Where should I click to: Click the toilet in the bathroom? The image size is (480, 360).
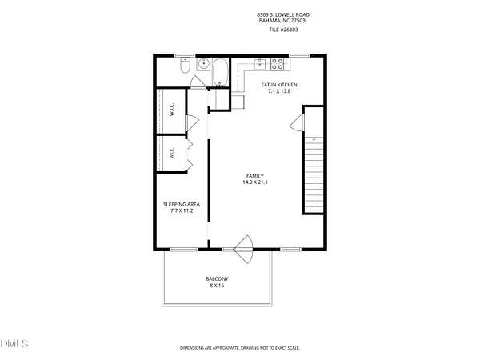(186, 65)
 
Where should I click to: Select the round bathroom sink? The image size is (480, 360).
(203, 64)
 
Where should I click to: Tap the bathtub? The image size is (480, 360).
(220, 73)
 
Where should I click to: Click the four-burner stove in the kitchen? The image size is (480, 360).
(278, 64)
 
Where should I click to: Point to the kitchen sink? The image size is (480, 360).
(260, 64)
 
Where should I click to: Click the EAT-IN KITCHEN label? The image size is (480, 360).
(279, 85)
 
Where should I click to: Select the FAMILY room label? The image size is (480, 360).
(255, 176)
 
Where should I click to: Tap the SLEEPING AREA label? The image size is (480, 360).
(182, 204)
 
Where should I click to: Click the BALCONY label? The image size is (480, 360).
(217, 279)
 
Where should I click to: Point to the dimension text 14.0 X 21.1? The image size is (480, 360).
(255, 182)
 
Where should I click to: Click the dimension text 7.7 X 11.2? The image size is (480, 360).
(182, 210)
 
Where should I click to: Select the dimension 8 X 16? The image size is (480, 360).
(217, 286)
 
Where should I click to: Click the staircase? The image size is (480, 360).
(314, 174)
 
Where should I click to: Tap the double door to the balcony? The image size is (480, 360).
(244, 249)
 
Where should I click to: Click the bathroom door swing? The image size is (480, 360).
(198, 82)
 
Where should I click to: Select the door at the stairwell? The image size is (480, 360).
(298, 122)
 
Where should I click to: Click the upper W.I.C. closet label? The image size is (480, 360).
(172, 110)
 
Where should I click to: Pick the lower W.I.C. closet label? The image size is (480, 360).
(172, 153)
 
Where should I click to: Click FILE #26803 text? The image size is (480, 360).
(283, 30)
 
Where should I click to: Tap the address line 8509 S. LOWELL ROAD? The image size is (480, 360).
(283, 14)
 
